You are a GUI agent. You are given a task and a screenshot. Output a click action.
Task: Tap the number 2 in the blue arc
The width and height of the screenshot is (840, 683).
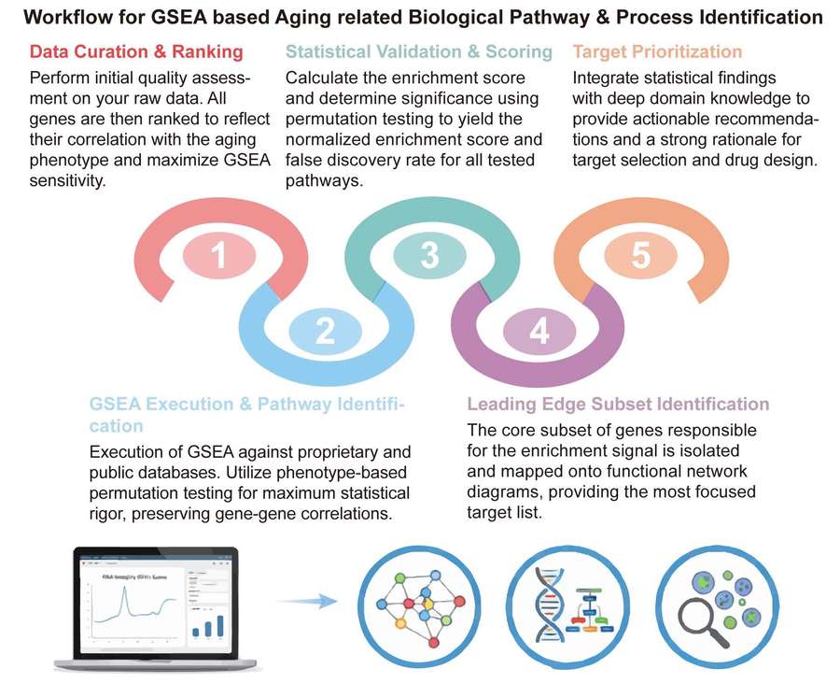(324, 331)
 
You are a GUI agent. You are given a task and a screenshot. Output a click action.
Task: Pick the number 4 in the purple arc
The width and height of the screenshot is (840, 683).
(539, 331)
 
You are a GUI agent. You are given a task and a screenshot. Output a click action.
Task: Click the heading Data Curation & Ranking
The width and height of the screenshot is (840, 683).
(136, 51)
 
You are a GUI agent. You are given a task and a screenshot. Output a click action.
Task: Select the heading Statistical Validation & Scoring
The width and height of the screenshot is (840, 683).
(418, 51)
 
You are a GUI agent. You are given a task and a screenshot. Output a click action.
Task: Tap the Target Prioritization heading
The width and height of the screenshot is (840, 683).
(657, 51)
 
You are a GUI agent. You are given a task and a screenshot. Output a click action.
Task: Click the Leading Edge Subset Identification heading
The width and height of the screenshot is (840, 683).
(618, 404)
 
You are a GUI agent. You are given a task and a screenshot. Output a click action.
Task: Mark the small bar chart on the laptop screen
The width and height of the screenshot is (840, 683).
(207, 623)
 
